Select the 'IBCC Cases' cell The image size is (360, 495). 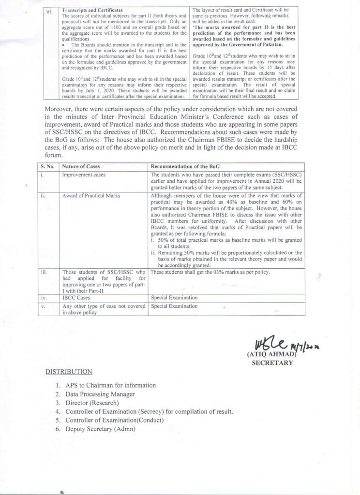(x=76, y=298)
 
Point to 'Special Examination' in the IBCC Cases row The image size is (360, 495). (x=174, y=298)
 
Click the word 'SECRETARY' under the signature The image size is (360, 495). (x=273, y=363)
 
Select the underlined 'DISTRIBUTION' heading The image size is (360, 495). (x=69, y=372)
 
